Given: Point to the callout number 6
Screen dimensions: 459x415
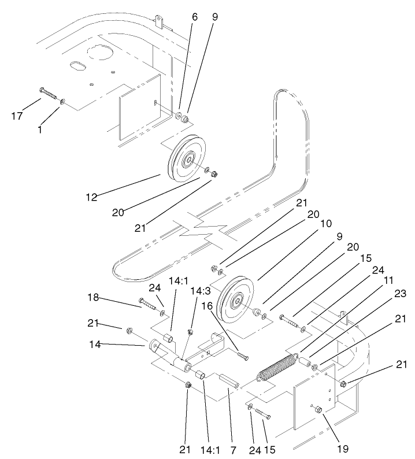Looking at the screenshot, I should [194, 17].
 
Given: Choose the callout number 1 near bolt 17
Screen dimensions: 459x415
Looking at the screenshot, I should [40, 130].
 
